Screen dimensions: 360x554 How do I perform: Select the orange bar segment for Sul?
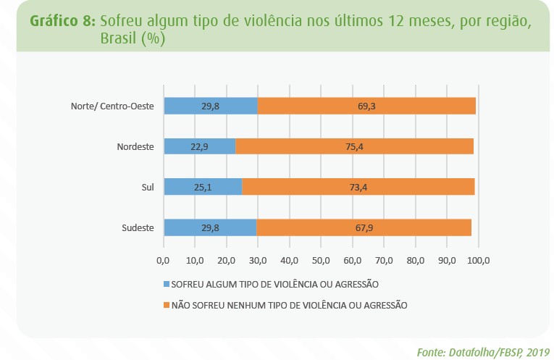click(358, 187)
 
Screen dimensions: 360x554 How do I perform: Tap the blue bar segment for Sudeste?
click(210, 227)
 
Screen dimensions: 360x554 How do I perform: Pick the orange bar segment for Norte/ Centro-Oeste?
click(366, 106)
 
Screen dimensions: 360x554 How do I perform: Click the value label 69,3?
click(366, 106)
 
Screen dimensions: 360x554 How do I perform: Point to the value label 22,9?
click(199, 146)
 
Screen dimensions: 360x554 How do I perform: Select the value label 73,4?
click(358, 187)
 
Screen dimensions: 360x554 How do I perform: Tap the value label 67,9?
click(364, 227)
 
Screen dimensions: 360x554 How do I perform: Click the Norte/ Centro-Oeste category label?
click(112, 106)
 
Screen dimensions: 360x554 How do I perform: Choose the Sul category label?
click(147, 187)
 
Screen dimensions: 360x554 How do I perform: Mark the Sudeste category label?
click(138, 227)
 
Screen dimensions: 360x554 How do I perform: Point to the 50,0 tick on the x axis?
click(322, 259)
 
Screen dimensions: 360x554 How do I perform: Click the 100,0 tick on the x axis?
click(479, 259)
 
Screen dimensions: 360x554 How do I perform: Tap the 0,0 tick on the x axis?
click(163, 259)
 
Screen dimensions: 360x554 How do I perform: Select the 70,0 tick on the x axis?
click(385, 259)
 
